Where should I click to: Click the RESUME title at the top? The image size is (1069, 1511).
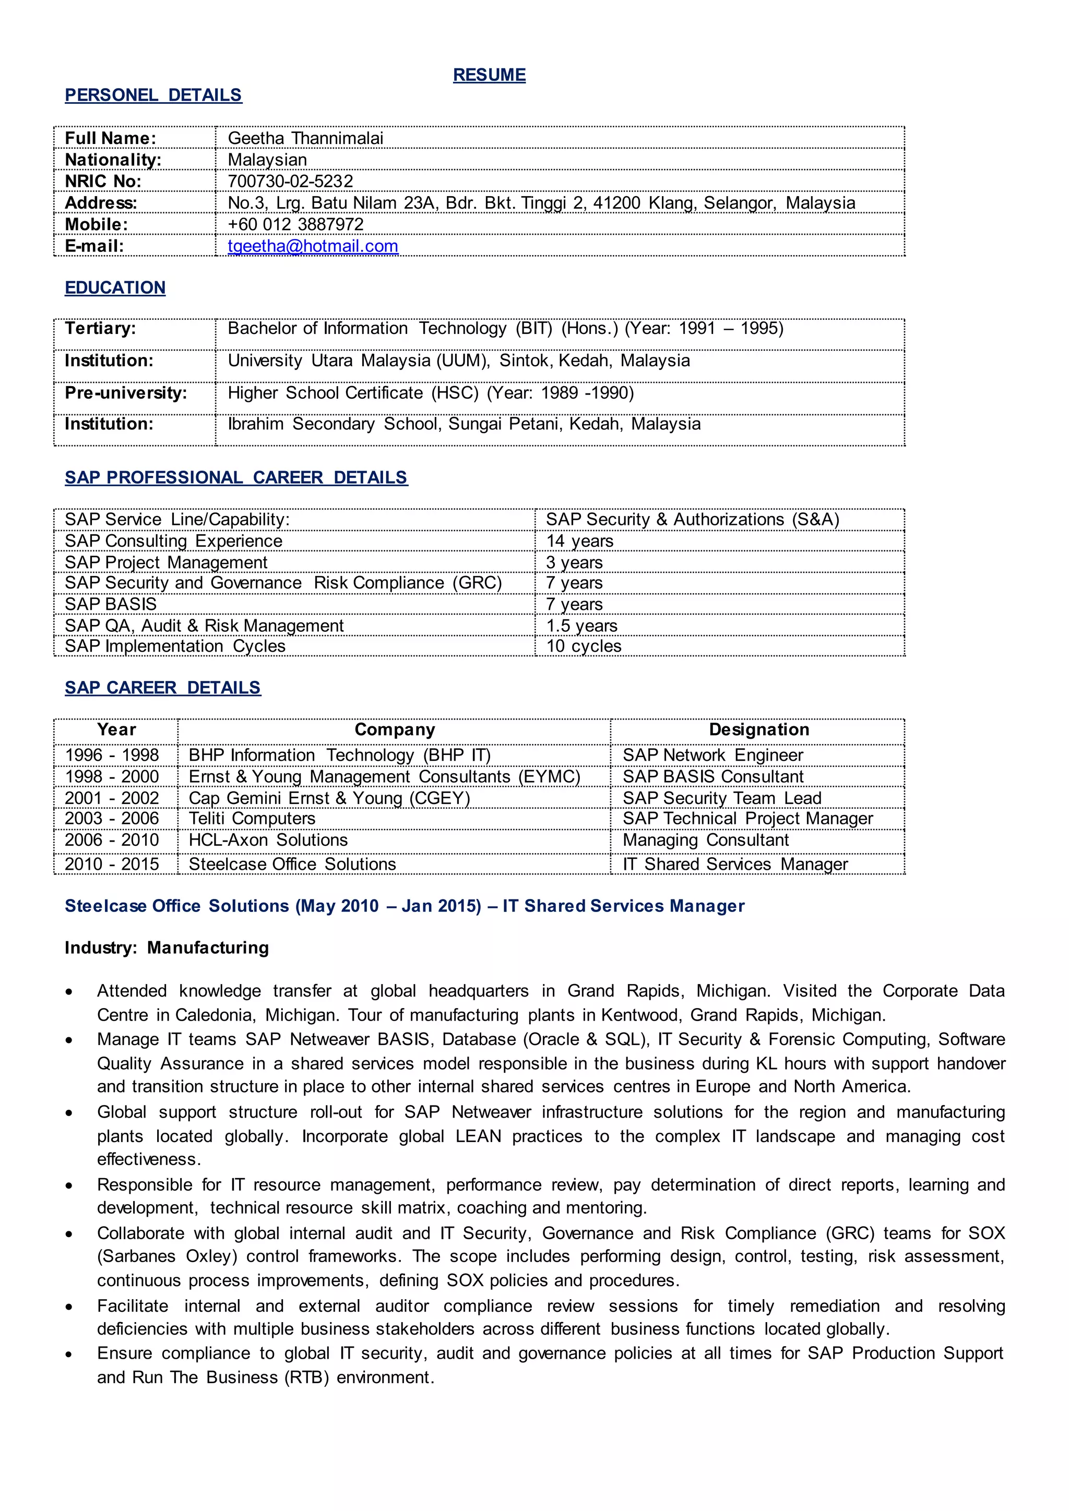click(489, 75)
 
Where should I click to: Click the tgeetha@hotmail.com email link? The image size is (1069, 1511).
click(313, 246)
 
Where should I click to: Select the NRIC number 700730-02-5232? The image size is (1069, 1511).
click(290, 181)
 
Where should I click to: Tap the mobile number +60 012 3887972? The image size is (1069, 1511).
click(295, 224)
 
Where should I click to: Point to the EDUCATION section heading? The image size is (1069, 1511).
click(115, 287)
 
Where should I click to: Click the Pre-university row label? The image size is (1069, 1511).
click(126, 393)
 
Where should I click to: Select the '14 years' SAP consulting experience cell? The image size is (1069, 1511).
click(579, 541)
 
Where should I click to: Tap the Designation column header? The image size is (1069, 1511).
click(758, 730)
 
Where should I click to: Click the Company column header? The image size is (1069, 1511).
click(394, 730)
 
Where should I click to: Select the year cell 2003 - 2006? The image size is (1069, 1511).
click(112, 819)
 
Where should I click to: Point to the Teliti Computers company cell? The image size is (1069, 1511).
click(252, 819)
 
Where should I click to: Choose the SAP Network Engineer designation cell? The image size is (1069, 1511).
click(712, 755)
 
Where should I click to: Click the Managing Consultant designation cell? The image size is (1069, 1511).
click(705, 841)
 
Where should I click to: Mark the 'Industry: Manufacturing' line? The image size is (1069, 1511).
click(167, 948)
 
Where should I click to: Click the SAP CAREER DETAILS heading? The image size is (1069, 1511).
click(162, 688)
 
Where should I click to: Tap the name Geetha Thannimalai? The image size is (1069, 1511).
click(305, 138)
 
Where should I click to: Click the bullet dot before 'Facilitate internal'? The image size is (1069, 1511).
click(68, 1308)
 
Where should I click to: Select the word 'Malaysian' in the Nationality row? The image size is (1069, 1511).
click(267, 160)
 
